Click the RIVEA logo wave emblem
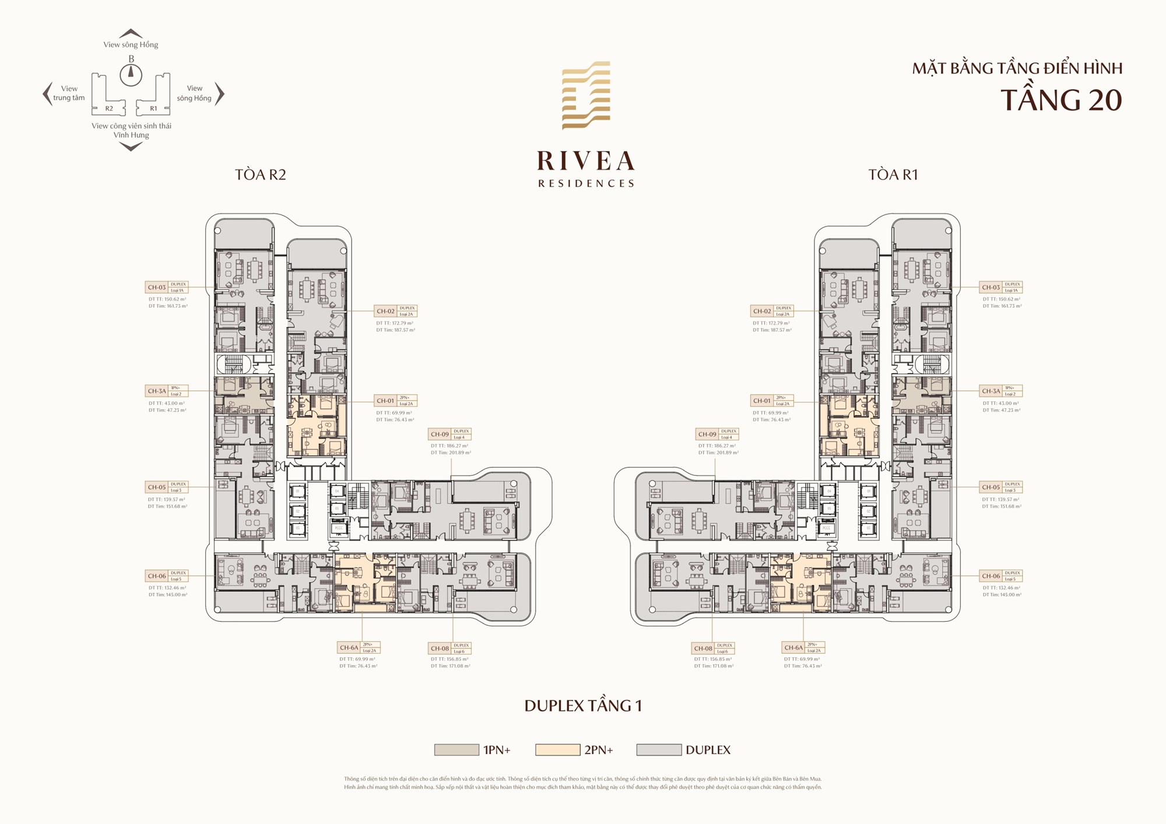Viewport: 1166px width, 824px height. click(x=586, y=95)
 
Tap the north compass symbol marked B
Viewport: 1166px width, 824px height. click(x=131, y=74)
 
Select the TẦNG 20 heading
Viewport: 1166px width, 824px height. click(x=1060, y=100)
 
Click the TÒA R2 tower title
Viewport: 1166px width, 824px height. click(x=260, y=175)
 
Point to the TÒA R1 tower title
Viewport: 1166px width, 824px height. click(x=893, y=175)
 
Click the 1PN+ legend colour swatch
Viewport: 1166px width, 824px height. click(x=456, y=750)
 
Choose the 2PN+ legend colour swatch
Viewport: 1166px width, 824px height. click(x=557, y=750)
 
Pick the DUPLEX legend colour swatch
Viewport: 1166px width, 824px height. click(x=659, y=750)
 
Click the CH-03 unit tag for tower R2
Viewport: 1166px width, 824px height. click(x=166, y=287)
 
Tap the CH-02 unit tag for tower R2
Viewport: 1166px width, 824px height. click(x=396, y=311)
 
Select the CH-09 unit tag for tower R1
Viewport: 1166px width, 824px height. click(x=717, y=434)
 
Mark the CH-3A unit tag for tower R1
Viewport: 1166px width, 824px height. click(x=1000, y=391)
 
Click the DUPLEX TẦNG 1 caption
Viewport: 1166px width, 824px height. click(x=583, y=706)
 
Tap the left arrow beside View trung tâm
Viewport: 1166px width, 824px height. click(x=47, y=94)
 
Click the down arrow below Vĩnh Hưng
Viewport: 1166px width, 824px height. click(x=131, y=147)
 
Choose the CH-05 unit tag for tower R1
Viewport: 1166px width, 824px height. click(x=1000, y=487)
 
